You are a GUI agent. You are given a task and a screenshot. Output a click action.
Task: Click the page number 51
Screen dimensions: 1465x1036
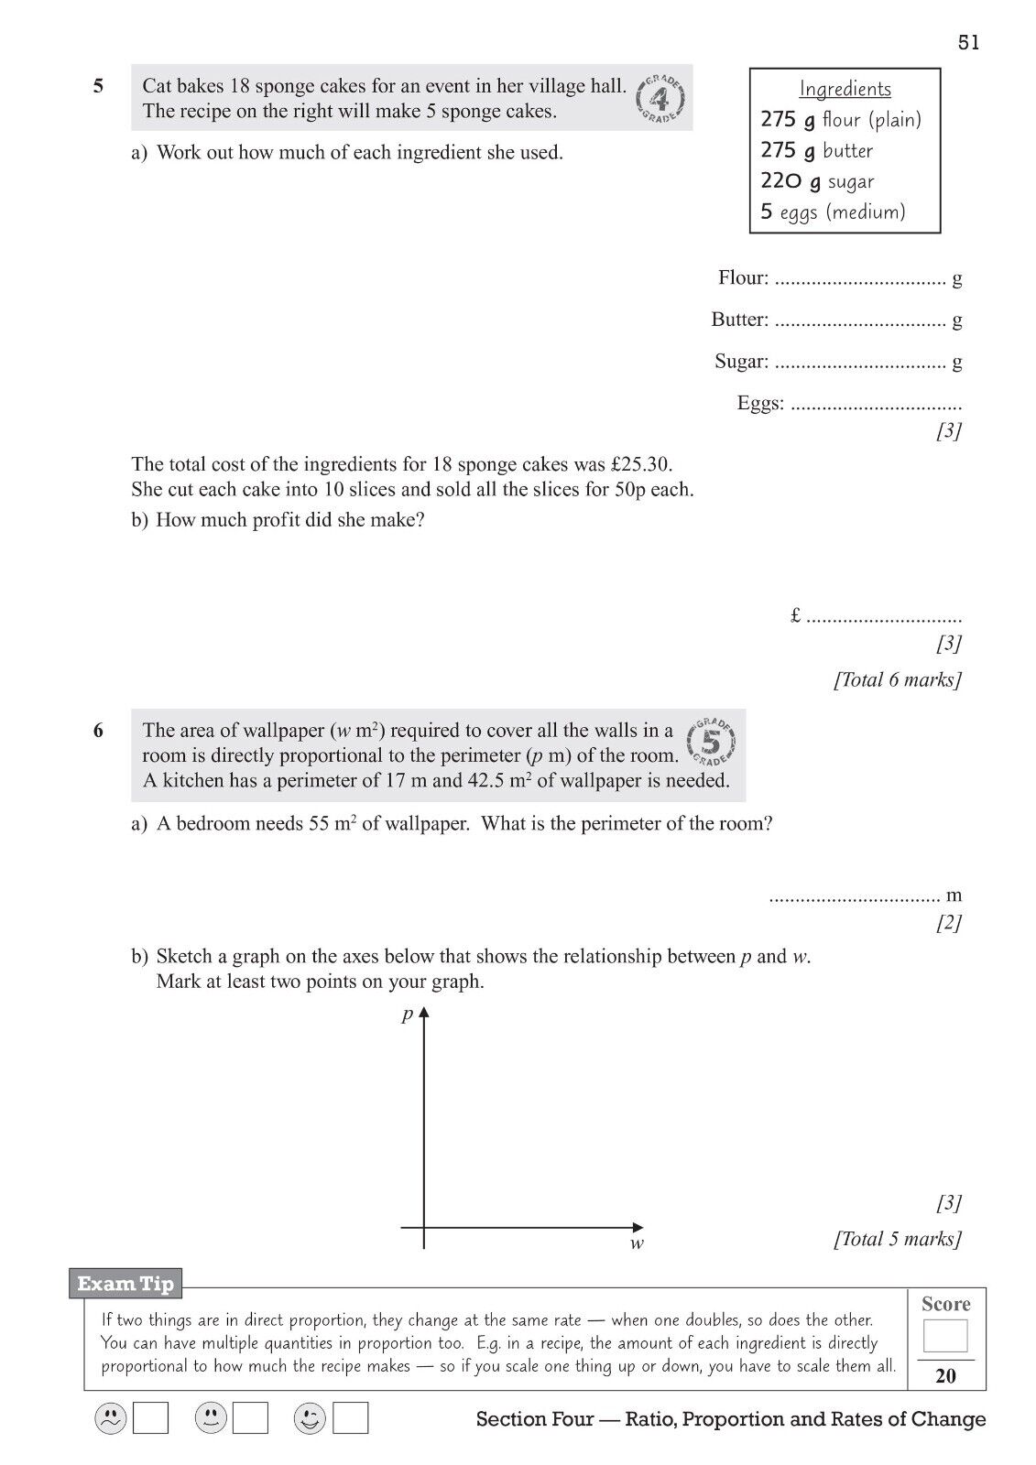tap(968, 43)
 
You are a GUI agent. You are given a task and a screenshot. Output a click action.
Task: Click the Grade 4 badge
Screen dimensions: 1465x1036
tap(660, 98)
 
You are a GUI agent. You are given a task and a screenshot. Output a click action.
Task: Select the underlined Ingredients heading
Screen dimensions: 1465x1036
tap(845, 89)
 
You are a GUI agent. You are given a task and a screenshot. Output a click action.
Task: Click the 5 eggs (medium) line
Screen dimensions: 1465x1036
tap(833, 212)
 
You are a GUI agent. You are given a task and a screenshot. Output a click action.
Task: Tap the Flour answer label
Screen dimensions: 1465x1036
tap(743, 277)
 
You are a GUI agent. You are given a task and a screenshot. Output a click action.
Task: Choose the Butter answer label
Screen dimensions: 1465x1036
tap(739, 320)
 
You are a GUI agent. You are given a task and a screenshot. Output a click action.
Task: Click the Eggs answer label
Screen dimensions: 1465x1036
tap(760, 403)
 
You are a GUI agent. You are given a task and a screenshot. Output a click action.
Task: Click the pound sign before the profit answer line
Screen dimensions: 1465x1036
tap(795, 616)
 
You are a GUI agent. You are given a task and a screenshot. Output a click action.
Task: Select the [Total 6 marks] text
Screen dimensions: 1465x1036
tap(897, 679)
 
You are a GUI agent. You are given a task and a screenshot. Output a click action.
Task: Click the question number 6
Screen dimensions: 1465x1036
tap(99, 731)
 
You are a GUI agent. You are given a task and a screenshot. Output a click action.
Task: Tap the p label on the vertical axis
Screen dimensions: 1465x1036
tap(408, 1015)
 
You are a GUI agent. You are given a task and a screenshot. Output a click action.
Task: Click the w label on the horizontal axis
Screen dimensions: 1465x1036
tap(637, 1243)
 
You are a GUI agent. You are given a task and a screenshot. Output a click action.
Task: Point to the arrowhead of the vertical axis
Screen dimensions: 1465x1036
tap(424, 1014)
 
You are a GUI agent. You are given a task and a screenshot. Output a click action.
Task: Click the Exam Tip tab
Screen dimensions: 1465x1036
tap(125, 1284)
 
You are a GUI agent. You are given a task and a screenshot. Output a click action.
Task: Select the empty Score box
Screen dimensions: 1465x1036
tap(945, 1336)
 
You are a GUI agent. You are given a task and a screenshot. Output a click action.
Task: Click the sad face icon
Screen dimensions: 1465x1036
tap(110, 1419)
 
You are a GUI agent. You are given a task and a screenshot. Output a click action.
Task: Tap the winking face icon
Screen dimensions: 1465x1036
tap(310, 1419)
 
